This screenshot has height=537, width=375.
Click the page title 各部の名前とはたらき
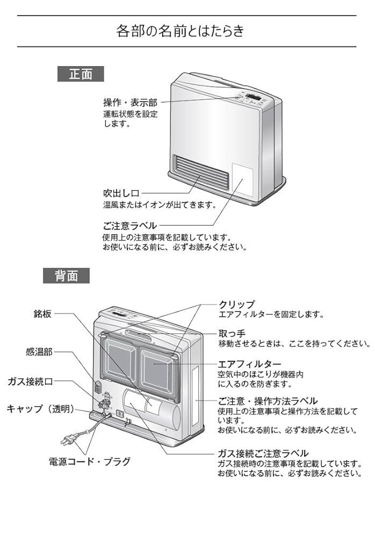pos(180,31)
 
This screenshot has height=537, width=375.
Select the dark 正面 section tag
pos(81,74)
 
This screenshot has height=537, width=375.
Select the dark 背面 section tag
pos(66,275)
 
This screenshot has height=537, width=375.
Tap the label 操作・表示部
pos(130,103)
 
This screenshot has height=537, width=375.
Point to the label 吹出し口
pos(121,193)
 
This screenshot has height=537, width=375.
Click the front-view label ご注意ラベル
pos(130,226)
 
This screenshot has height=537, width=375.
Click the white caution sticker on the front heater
pos(243,180)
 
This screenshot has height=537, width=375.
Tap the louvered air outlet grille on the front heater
pos(201,173)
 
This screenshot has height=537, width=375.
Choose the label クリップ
pos(237,304)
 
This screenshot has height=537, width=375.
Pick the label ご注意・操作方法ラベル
pos(268,401)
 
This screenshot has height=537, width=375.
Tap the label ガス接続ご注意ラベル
pos(263,453)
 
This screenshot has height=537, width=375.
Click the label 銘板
pos(42,314)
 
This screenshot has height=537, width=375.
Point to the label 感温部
pos(39,352)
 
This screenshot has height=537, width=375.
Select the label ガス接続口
pos(30,381)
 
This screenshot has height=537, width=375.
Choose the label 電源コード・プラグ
pos(90,461)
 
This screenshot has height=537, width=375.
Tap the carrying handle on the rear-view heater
pos(139,335)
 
